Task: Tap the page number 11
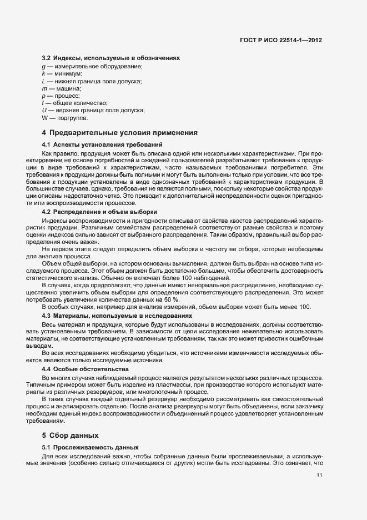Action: (319, 475)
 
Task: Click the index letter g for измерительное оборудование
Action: (43, 67)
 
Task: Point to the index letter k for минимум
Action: (43, 74)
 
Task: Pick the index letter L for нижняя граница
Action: (43, 81)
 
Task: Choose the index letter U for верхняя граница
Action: (44, 110)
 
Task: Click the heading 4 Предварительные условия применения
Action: (120, 133)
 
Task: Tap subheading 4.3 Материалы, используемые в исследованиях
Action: (117, 315)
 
